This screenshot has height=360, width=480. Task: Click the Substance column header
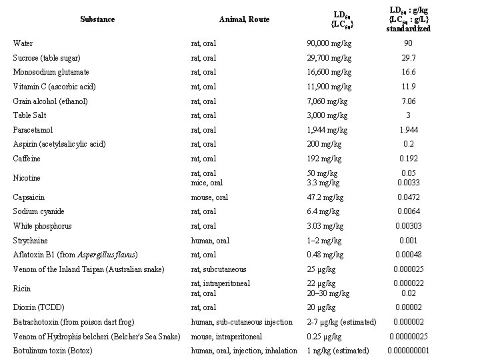tap(97, 19)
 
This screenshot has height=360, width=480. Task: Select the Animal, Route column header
tap(244, 19)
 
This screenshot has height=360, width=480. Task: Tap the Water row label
tap(23, 43)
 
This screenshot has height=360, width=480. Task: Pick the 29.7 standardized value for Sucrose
tap(409, 57)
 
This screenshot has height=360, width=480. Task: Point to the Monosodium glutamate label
tap(51, 72)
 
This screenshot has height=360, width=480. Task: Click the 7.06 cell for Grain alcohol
tap(409, 101)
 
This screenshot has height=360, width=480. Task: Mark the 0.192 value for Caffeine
tap(409, 159)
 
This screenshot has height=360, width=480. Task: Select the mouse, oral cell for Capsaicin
tap(209, 197)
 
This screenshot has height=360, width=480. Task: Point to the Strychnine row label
tap(31, 240)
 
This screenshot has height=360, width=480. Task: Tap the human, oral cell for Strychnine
tap(211, 240)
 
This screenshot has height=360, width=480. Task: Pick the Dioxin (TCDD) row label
tap(37, 307)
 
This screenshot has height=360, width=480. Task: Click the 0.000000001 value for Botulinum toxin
tap(409, 351)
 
